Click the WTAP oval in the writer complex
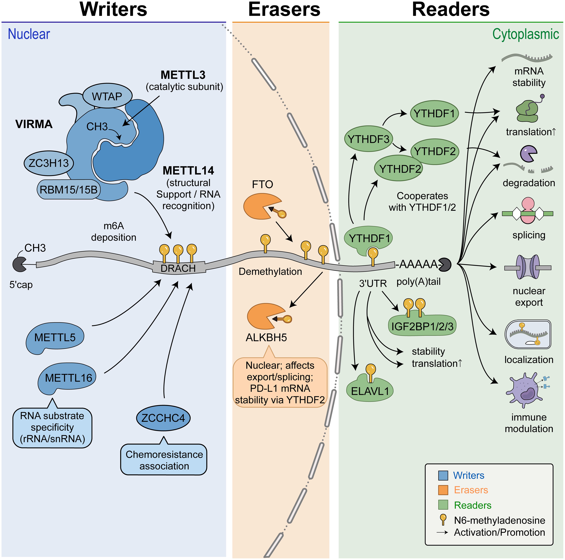[107, 96]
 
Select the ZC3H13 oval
[49, 163]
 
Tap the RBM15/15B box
[68, 190]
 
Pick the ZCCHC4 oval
[163, 418]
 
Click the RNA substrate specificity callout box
[52, 427]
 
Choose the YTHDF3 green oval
[368, 139]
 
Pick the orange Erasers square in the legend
[443, 490]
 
